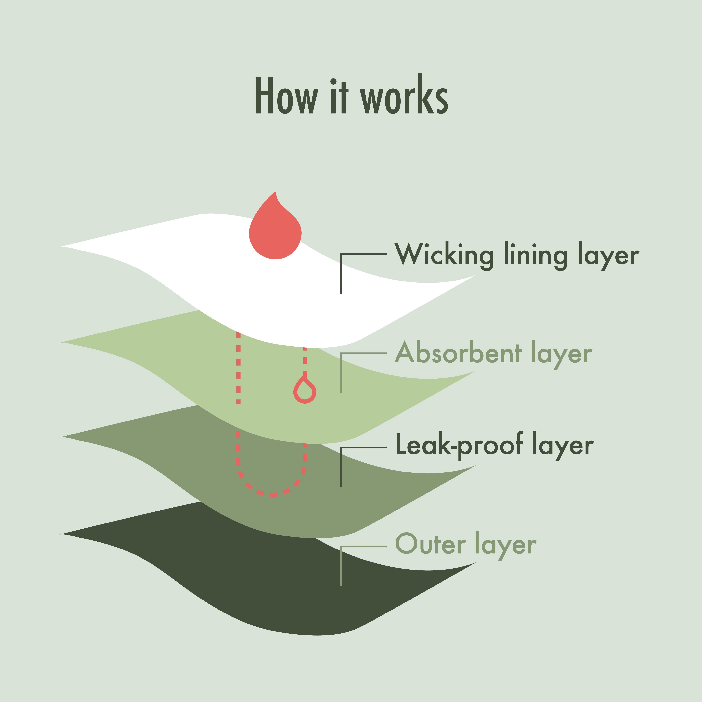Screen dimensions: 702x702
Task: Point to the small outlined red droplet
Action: [x=305, y=392]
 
